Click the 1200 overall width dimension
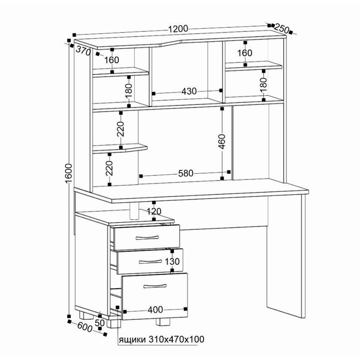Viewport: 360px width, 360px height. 178,29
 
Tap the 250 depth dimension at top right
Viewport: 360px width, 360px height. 281,28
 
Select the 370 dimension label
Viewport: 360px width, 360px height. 83,51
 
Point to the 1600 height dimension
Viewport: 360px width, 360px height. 69,173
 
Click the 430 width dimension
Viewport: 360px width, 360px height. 189,92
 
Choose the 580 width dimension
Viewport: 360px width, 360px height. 186,173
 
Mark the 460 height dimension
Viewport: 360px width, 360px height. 222,141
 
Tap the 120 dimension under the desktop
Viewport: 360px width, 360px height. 154,211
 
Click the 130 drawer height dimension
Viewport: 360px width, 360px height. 172,261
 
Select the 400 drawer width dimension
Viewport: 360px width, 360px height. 155,310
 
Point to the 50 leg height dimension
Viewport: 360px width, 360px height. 100,323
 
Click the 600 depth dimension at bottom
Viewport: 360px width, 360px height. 84,327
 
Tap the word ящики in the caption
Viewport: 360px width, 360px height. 132,339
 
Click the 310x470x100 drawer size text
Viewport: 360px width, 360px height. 176,339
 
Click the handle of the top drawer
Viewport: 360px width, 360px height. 147,238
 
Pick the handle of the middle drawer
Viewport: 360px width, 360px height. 150,261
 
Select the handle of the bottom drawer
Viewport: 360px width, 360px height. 155,286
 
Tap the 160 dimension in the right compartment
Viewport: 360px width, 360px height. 245,53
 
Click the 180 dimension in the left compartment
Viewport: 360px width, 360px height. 129,91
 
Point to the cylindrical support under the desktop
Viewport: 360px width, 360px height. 134,211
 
